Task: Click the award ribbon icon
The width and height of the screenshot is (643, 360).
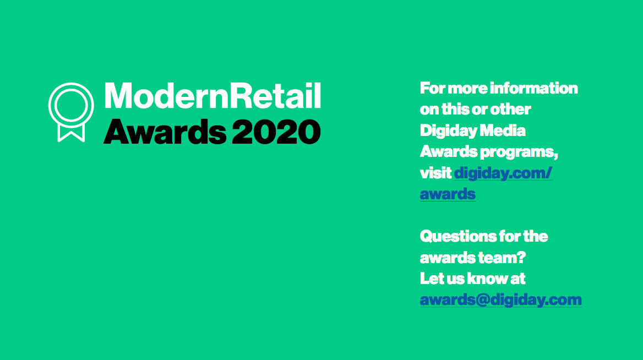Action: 71,86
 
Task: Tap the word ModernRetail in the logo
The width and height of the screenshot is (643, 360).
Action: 212,96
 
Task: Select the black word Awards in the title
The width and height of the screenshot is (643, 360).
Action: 165,132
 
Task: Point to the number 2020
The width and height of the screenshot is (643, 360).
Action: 276,132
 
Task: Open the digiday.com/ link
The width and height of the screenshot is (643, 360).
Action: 503,173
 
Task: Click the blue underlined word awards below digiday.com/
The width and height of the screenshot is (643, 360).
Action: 448,194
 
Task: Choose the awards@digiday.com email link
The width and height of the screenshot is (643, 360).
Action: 501,300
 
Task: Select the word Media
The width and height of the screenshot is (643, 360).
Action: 503,130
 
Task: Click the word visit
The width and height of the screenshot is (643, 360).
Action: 435,173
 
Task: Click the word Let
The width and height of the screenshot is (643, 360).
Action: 429,279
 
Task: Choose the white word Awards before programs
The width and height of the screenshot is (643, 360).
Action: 449,152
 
